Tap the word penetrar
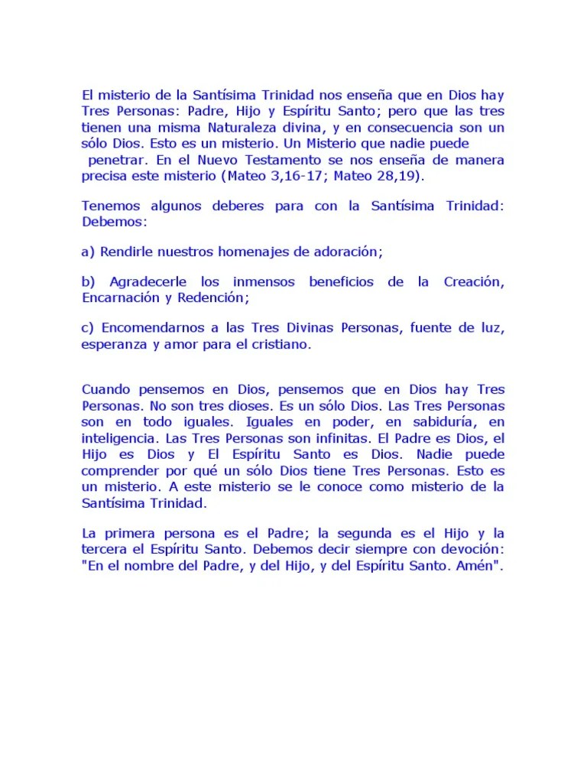tap(118, 161)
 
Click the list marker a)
tap(88, 252)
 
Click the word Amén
tap(479, 566)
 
